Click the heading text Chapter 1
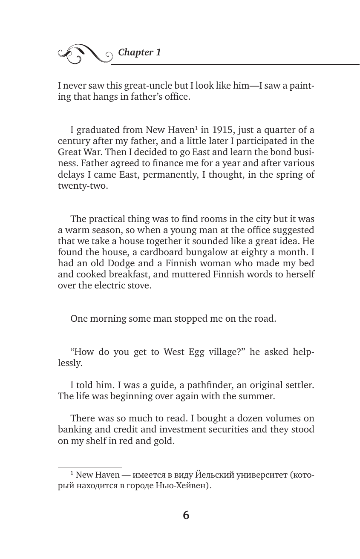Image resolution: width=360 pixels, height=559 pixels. [x=139, y=52]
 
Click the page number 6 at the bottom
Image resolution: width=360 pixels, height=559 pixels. [x=186, y=516]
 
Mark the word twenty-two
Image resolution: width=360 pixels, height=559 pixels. [x=81, y=186]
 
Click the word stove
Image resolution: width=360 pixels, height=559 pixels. [x=138, y=285]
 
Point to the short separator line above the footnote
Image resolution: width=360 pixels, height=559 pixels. [x=89, y=467]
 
